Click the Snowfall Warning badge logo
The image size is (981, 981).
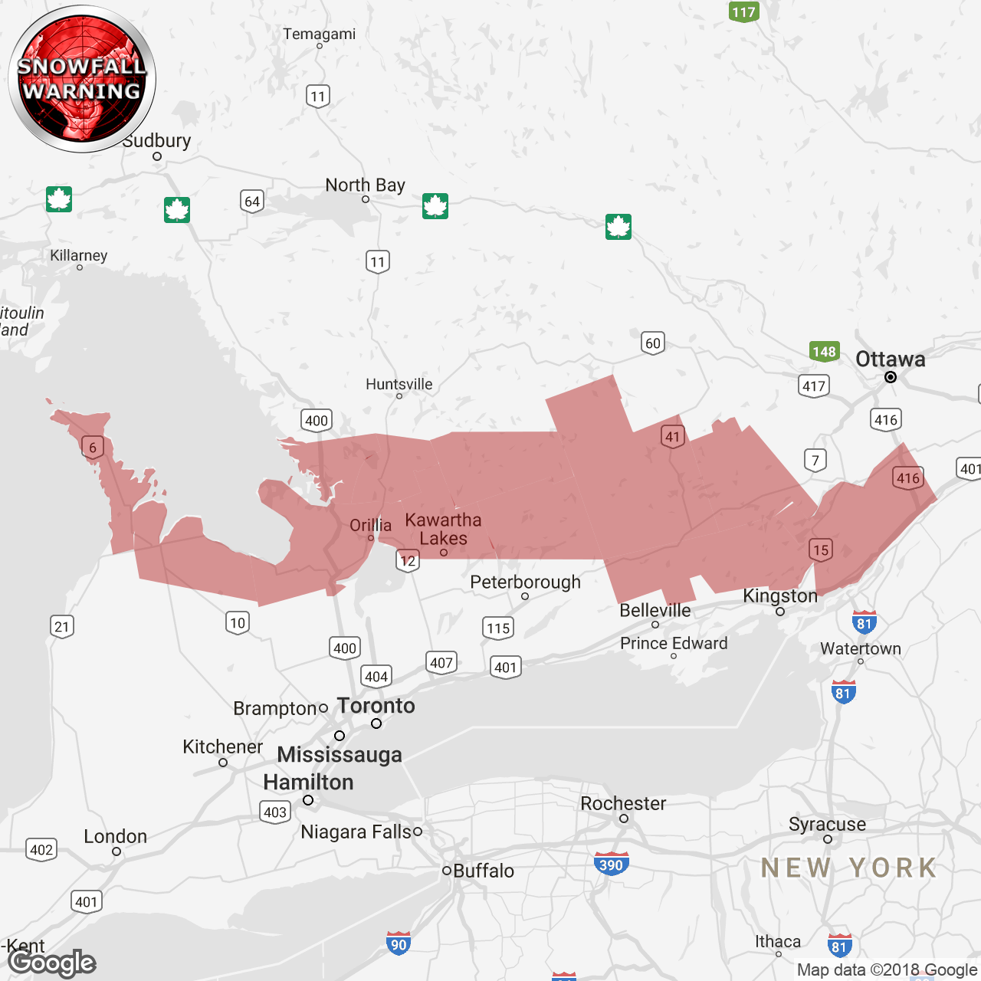point(81,79)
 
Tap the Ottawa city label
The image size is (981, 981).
point(890,359)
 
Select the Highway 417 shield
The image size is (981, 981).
point(813,386)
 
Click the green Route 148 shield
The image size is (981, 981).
point(824,352)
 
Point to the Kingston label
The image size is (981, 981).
point(780,595)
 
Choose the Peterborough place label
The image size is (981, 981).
point(525,582)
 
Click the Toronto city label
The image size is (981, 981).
point(376,706)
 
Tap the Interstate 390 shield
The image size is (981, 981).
point(611,865)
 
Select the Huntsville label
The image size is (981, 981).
point(399,384)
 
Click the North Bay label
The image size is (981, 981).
point(365,185)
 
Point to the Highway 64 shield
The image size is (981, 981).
point(251,201)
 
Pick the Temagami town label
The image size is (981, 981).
point(319,34)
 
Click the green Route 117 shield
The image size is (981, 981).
point(743,11)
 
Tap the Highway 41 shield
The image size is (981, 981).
point(672,437)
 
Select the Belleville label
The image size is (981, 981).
point(655,610)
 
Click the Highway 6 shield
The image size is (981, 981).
point(93,448)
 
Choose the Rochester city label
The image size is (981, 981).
point(623,803)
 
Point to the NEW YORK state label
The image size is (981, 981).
point(848,868)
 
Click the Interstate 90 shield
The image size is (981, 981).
point(399,944)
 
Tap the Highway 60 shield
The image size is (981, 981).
point(652,343)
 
